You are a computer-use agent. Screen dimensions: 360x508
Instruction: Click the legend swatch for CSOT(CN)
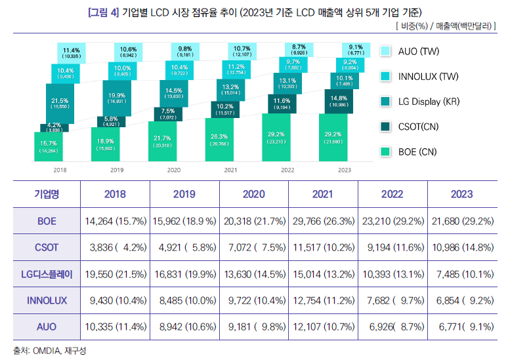point(386,127)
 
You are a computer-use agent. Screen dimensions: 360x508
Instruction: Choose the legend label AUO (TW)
point(419,52)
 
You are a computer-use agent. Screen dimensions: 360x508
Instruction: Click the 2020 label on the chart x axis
point(174,169)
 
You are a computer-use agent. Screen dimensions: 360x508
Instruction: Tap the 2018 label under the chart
point(60,169)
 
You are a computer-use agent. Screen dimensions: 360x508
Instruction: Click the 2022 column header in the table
point(392,194)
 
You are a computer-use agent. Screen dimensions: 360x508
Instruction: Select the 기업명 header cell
point(47,194)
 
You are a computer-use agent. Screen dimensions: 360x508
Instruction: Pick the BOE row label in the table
point(47,222)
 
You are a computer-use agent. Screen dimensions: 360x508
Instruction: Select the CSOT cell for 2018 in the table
point(115,247)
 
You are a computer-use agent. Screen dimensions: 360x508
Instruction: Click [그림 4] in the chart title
point(103,12)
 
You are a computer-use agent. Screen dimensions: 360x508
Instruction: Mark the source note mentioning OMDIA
point(49,351)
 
